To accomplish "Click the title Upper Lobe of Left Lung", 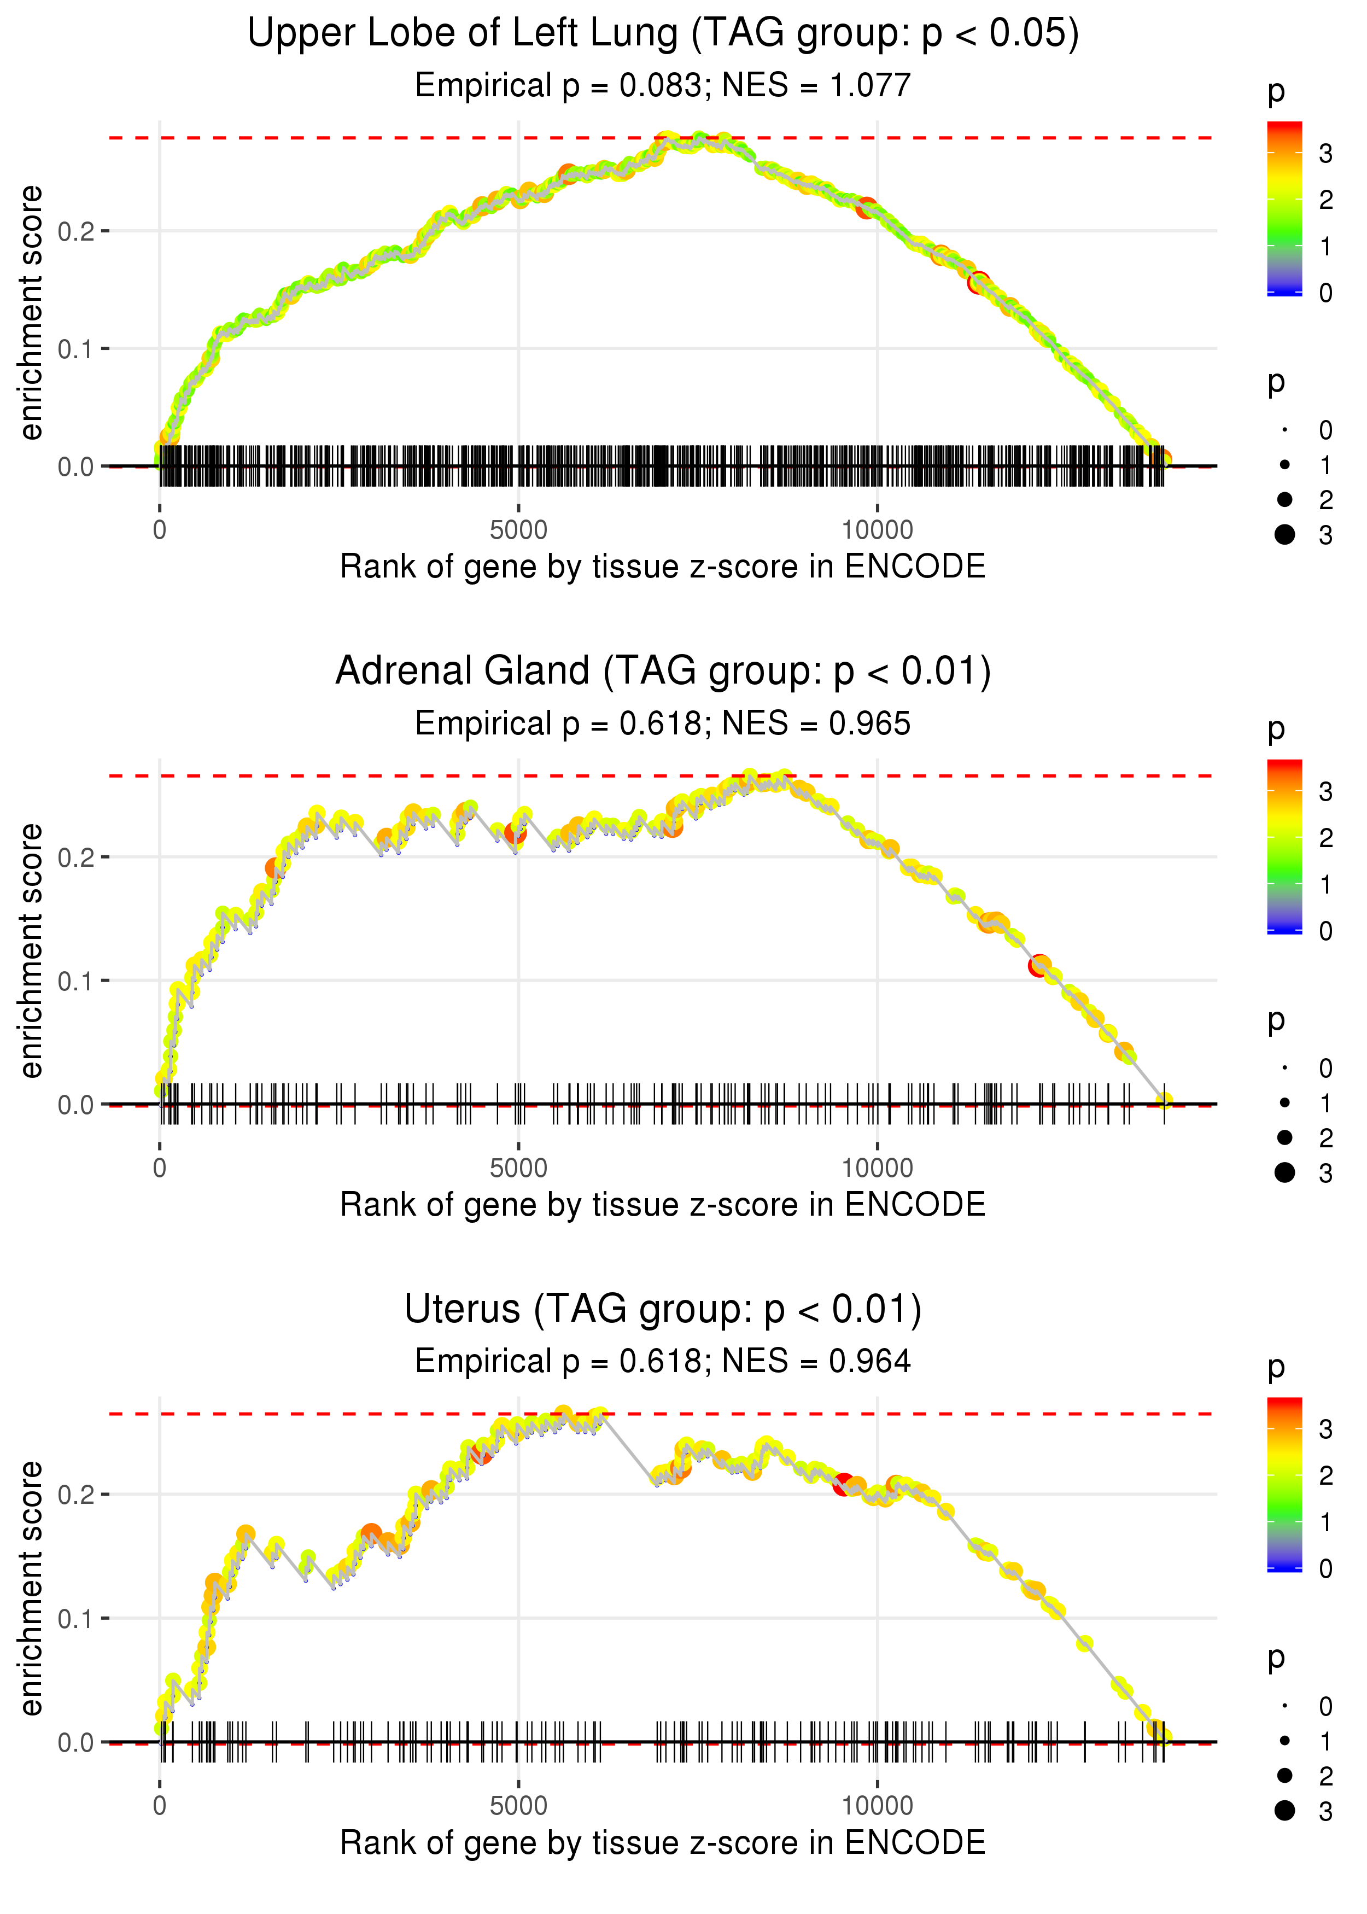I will (x=663, y=34).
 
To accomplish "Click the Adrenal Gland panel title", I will (x=663, y=672).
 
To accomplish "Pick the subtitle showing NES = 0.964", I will (x=663, y=1361).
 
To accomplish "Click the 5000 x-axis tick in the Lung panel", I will (x=518, y=530).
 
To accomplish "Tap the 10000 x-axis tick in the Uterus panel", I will (x=877, y=1806).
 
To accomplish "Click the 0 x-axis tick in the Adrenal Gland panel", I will (x=160, y=1168).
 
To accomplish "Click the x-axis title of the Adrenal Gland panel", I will (x=663, y=1205).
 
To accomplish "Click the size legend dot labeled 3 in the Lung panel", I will (x=1284, y=534).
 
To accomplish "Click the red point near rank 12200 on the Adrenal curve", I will (x=1039, y=965).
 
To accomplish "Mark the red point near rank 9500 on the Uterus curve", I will (x=843, y=1484).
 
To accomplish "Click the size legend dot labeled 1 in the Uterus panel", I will (x=1284, y=1741).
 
